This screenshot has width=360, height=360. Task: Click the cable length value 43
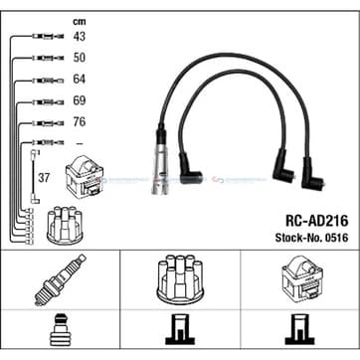tap(79, 36)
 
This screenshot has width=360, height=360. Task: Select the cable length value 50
tap(79, 58)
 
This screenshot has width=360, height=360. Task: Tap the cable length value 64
tap(79, 80)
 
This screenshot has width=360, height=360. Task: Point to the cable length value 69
tap(79, 100)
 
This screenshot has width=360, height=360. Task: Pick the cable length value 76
tap(79, 122)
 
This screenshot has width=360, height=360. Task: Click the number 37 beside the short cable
tap(44, 178)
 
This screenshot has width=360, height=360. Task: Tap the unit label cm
tap(80, 22)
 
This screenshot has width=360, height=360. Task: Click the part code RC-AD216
tap(316, 221)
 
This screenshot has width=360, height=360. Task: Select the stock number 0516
tap(337, 238)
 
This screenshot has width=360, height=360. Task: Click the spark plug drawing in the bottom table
tap(60, 280)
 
